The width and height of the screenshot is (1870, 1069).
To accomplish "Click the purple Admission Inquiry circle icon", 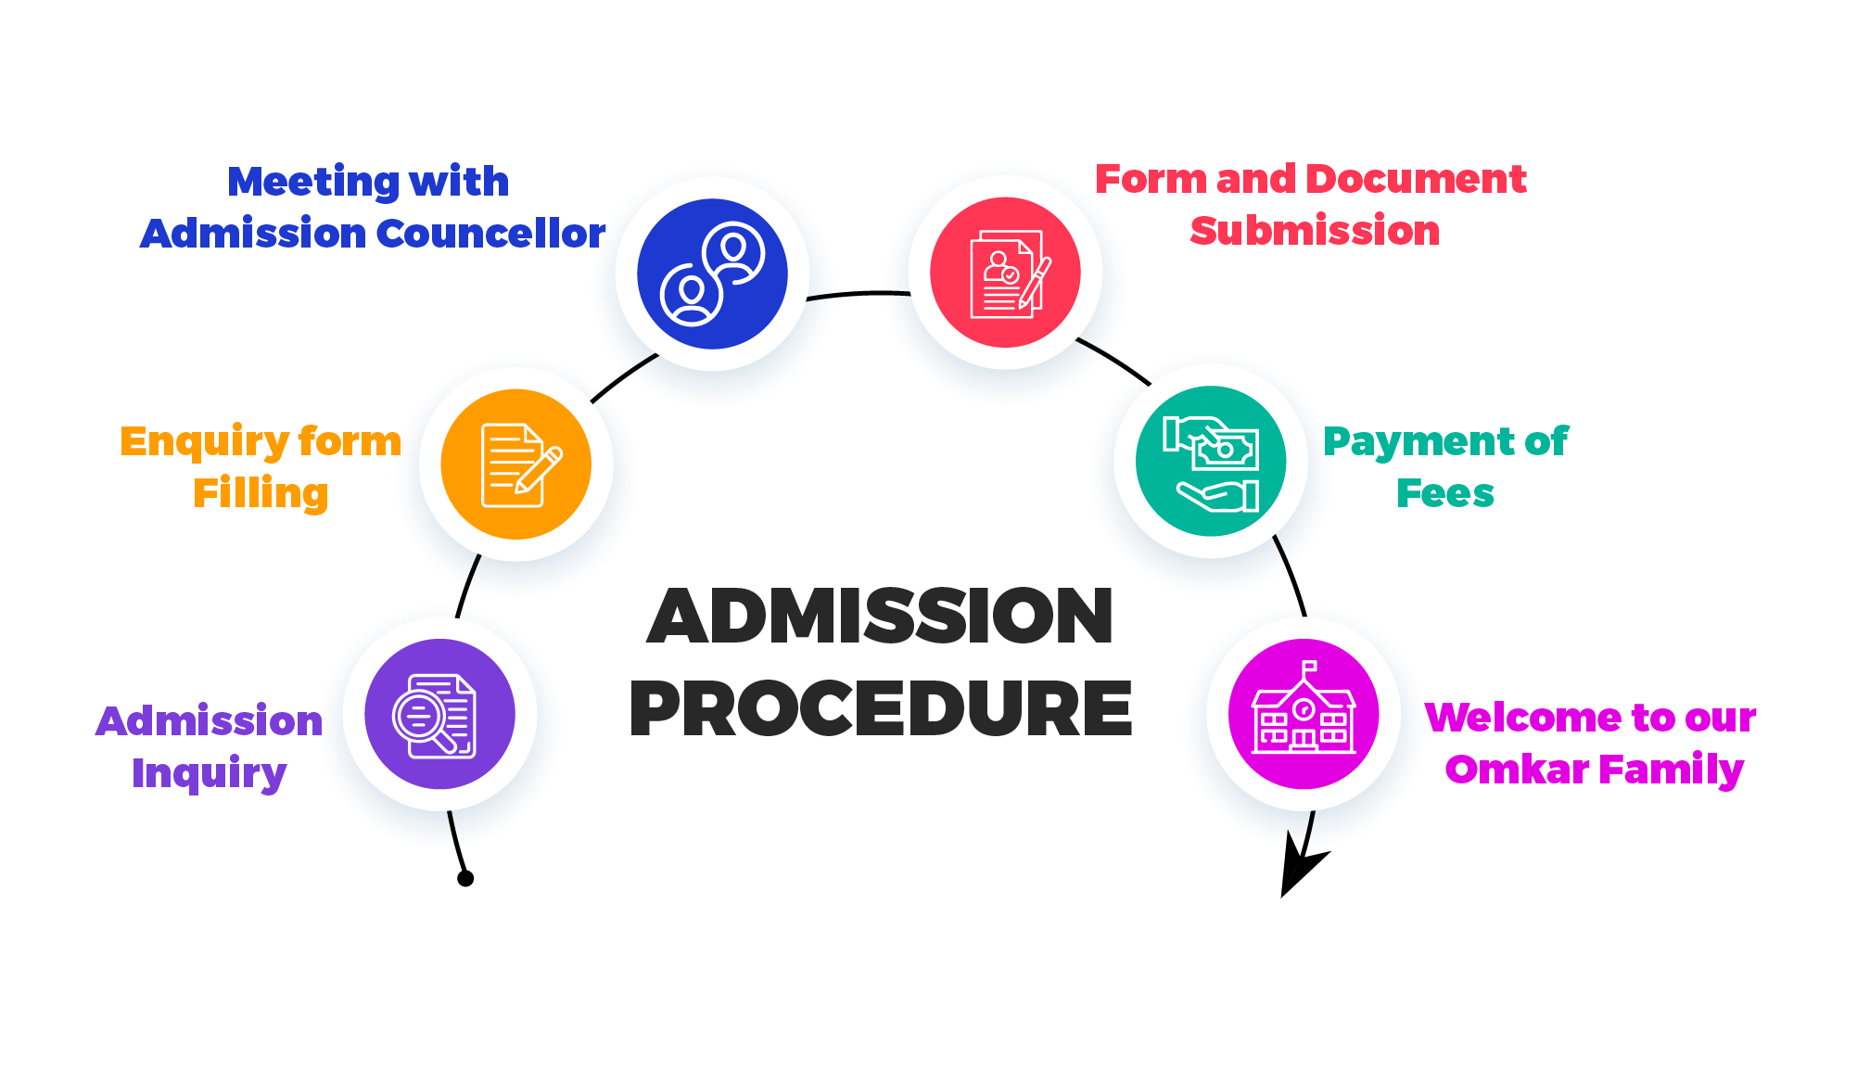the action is pyautogui.click(x=439, y=714).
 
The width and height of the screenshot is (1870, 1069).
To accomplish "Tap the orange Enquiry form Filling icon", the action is pyautogui.click(x=515, y=465).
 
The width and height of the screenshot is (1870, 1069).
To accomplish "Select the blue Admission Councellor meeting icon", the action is pyautogui.click(x=712, y=274).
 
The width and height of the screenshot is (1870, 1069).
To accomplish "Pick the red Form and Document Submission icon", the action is pyautogui.click(x=1005, y=273).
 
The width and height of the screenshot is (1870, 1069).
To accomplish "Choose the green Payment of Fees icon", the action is pyautogui.click(x=1211, y=461).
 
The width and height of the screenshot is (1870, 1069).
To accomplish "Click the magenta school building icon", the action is pyautogui.click(x=1304, y=714).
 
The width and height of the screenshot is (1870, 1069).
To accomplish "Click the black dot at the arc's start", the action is pyautogui.click(x=465, y=878).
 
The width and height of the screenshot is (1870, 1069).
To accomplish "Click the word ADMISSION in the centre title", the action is pyautogui.click(x=881, y=617).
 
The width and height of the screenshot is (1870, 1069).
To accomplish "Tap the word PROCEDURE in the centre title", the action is pyautogui.click(x=881, y=708).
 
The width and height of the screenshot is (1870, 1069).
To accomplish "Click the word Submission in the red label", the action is pyautogui.click(x=1315, y=231).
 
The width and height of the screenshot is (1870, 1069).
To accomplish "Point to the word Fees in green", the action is pyautogui.click(x=1445, y=493).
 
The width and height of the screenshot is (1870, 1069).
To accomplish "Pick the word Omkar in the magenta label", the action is pyautogui.click(x=1517, y=770).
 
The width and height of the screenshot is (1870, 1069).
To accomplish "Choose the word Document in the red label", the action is pyautogui.click(x=1417, y=179).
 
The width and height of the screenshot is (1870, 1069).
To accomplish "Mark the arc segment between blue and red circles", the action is pyautogui.click(x=859, y=294).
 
